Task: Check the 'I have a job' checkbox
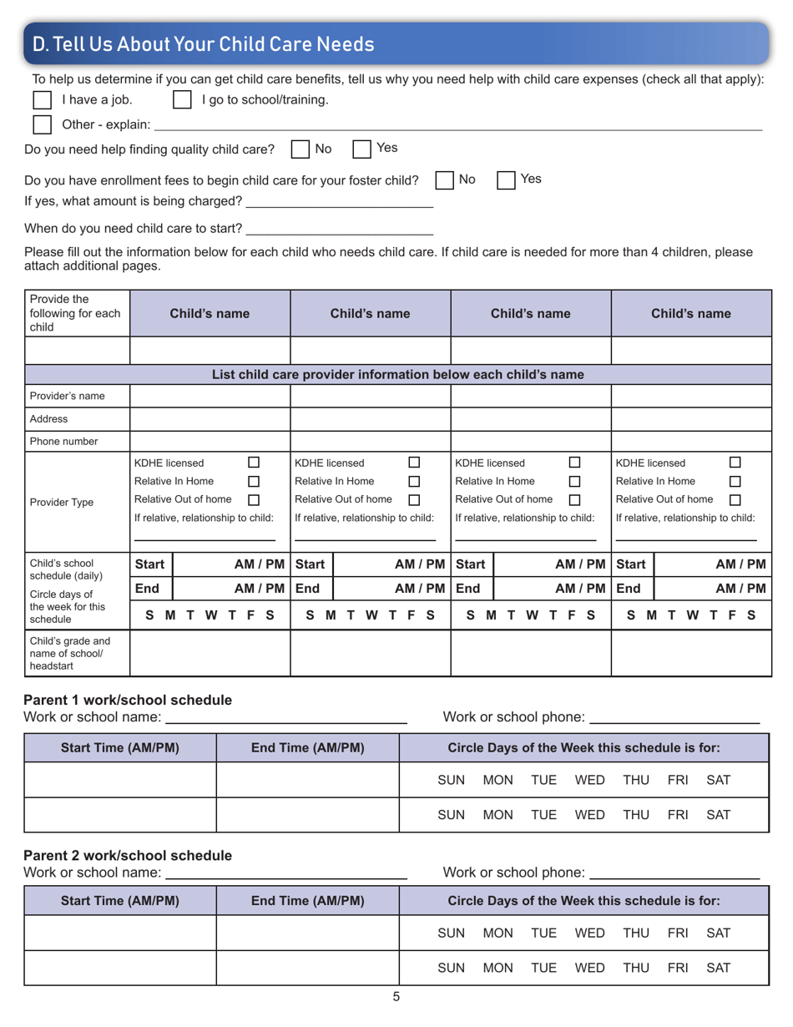pos(42,101)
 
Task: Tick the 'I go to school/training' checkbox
pos(182,101)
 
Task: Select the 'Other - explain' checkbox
pos(42,125)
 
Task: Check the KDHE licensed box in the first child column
pos(255,463)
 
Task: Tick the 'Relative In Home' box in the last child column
pos(735,481)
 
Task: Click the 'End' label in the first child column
pos(148,588)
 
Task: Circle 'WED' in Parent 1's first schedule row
pos(589,780)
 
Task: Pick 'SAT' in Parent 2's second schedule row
pos(718,967)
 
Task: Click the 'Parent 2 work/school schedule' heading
pos(128,855)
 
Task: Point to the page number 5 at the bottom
pos(396,995)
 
